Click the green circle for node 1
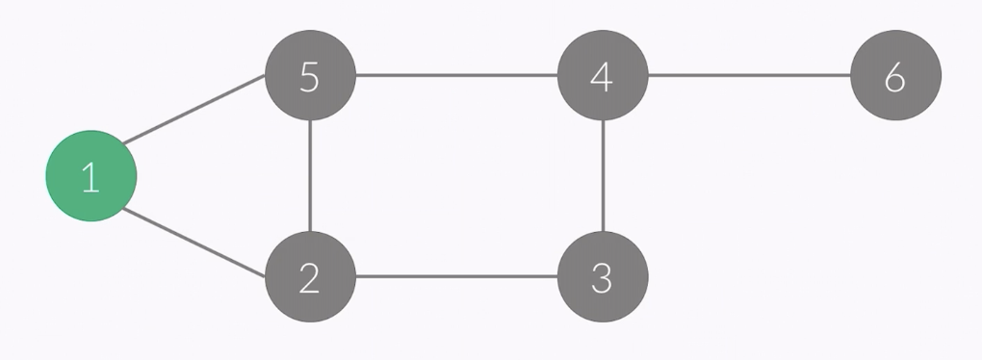91,176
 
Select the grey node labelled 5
310,75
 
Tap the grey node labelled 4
603,75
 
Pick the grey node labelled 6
895,75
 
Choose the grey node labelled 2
310,277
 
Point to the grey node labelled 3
603,277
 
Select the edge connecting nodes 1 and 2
195,244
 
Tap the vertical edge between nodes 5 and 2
310,176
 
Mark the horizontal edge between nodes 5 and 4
456,75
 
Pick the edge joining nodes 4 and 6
749,75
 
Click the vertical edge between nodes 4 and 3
603,176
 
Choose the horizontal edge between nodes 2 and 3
456,277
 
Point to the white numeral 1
90,177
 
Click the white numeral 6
895,77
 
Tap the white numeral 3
603,278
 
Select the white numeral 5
309,77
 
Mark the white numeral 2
309,278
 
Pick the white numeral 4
602,77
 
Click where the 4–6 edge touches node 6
852,75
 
